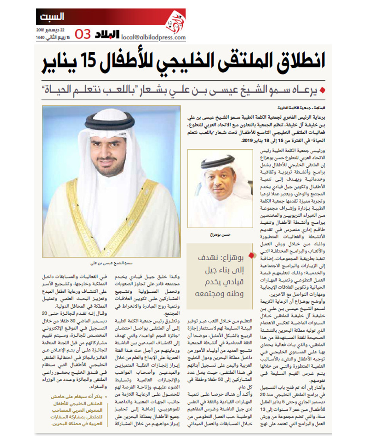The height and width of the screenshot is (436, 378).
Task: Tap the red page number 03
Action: (83, 34)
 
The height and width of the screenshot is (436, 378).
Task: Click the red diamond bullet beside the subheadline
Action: (322, 91)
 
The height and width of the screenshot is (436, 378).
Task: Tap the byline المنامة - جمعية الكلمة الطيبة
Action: (301, 108)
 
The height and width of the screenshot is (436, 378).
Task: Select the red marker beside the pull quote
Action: (251, 255)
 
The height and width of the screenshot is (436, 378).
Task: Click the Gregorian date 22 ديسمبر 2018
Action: (50, 30)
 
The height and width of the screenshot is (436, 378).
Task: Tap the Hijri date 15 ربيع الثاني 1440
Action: (53, 37)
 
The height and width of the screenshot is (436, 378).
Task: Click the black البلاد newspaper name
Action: (107, 34)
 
